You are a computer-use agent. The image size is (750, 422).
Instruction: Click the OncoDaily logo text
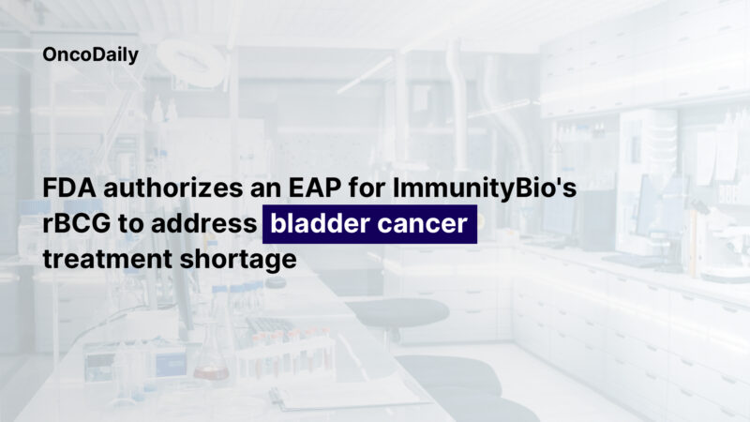[91, 55]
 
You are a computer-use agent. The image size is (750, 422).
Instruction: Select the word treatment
[104, 259]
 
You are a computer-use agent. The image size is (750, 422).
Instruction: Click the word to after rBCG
[142, 225]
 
